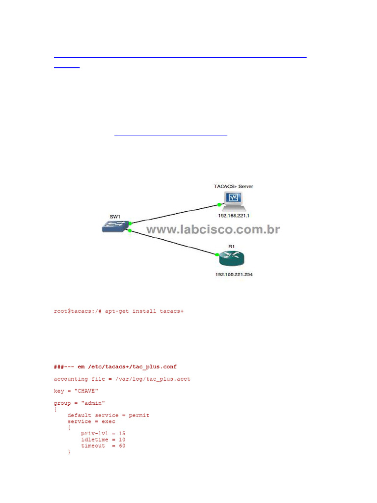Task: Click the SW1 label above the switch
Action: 115,216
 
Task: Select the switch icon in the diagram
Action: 114,227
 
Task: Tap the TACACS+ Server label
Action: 233,186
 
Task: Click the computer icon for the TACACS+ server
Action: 233,198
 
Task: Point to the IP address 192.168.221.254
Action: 234,274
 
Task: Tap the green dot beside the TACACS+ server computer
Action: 218,204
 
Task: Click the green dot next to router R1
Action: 216,254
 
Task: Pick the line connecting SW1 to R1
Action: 172,242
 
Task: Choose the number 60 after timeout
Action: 122,446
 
